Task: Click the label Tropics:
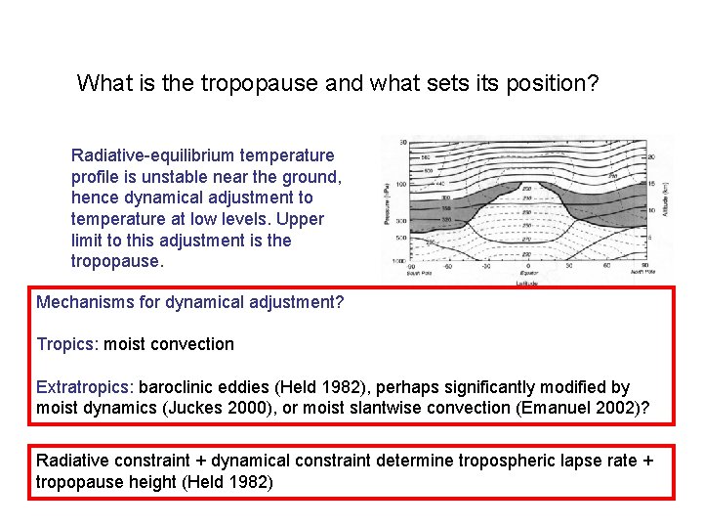pos(67,344)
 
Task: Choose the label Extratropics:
pos(85,387)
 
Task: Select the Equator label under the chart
pos(527,273)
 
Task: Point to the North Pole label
pos(640,273)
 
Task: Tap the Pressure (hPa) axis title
pos(387,205)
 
